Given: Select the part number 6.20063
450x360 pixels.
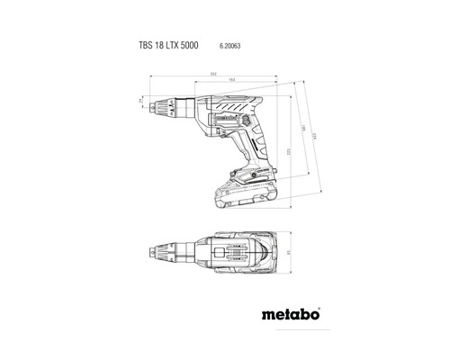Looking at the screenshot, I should (232, 43).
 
